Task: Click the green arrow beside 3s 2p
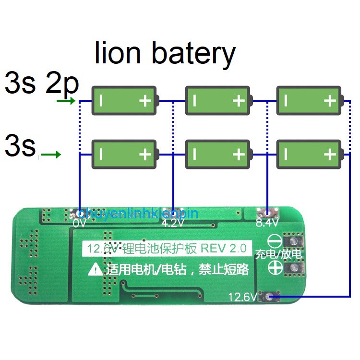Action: point(66,101)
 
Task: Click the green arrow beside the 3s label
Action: point(51,155)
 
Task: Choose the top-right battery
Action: point(310,101)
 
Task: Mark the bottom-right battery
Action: point(310,154)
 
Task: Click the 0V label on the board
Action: point(79,223)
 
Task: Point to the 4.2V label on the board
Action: point(172,223)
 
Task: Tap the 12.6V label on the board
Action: point(243,297)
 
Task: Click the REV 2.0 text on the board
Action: point(223,248)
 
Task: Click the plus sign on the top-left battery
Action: point(145,101)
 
